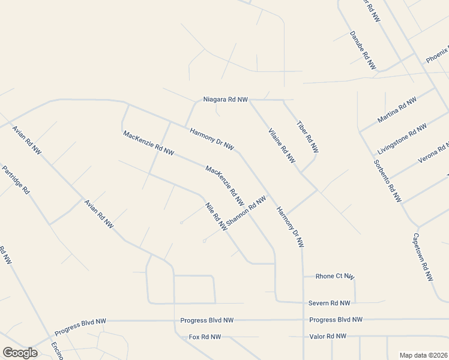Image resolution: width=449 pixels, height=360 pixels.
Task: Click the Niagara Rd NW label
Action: pos(225,99)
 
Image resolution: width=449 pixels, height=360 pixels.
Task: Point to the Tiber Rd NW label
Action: pos(307,137)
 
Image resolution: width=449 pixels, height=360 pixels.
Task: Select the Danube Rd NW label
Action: pos(363,50)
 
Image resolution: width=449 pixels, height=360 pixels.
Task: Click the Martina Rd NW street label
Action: pos(397,110)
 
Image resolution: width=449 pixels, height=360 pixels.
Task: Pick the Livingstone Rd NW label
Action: pos(402,138)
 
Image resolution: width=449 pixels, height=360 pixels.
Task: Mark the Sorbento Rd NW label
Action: pos(387,181)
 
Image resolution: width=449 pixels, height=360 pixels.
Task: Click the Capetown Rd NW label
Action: pos(423,257)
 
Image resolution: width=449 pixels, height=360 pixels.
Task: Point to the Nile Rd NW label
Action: pos(216,217)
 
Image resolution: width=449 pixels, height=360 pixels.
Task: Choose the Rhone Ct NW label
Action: pos(335,276)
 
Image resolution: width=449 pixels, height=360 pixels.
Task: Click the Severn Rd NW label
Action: pos(329,303)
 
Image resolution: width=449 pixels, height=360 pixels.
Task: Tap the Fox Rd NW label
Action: pos(205,337)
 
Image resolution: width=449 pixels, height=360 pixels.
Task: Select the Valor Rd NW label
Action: pos(327,337)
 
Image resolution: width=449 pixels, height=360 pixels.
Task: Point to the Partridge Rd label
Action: pos(15,180)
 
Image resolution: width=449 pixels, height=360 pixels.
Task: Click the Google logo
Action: pos(20,353)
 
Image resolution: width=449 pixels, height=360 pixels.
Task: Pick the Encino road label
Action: pos(57,350)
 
